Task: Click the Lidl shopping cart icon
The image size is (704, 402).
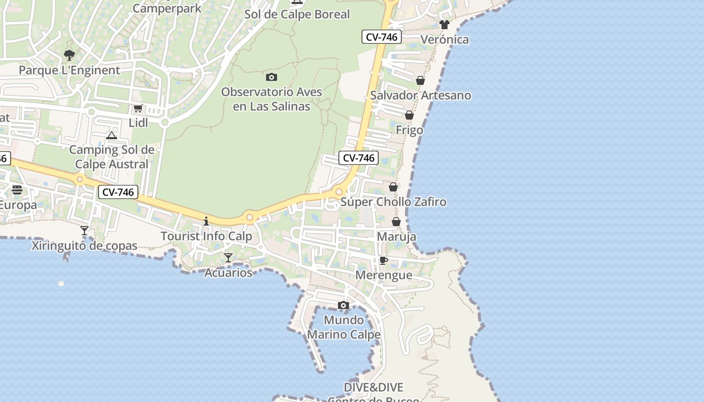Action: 138,108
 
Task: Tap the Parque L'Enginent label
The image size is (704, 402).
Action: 69,70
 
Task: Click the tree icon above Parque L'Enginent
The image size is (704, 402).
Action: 69,55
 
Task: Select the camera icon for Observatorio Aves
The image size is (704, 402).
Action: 272,77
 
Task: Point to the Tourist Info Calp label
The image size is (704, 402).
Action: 206,236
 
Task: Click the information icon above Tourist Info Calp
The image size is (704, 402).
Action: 206,221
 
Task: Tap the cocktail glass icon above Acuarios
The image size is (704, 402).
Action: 228,258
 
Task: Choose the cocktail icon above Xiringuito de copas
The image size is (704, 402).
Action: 84,231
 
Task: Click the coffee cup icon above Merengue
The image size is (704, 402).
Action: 384,260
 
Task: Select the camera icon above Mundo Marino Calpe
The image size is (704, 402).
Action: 343,305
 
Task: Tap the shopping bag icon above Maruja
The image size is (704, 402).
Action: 396,222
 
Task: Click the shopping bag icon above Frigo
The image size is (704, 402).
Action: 409,115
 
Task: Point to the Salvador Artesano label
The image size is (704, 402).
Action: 420,95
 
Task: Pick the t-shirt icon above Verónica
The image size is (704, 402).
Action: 444,24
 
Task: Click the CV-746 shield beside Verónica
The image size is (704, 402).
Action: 382,37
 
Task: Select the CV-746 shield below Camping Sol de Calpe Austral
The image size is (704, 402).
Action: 118,192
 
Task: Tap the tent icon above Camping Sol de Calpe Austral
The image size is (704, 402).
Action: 112,135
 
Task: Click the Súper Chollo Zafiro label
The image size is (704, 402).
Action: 393,202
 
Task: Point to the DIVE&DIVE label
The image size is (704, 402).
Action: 374,387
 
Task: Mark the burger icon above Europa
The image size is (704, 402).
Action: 17,189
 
